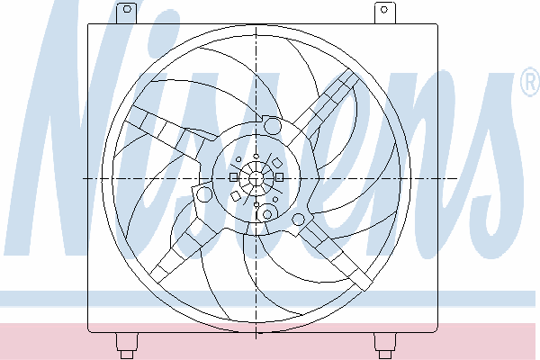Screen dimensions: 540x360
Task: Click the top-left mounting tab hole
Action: click(127, 9)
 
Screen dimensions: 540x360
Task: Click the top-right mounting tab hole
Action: click(384, 9)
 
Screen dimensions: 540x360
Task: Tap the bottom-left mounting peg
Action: click(127, 346)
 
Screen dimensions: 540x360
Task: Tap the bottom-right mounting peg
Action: click(384, 346)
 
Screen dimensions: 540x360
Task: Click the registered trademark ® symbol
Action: click(530, 82)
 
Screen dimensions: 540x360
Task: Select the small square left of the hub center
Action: click(233, 177)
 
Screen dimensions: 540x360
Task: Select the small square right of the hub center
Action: click(279, 177)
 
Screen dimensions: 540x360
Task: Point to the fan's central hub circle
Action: click(256, 178)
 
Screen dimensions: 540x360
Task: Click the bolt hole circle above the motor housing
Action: click(272, 125)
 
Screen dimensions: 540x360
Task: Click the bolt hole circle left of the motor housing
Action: click(204, 194)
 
